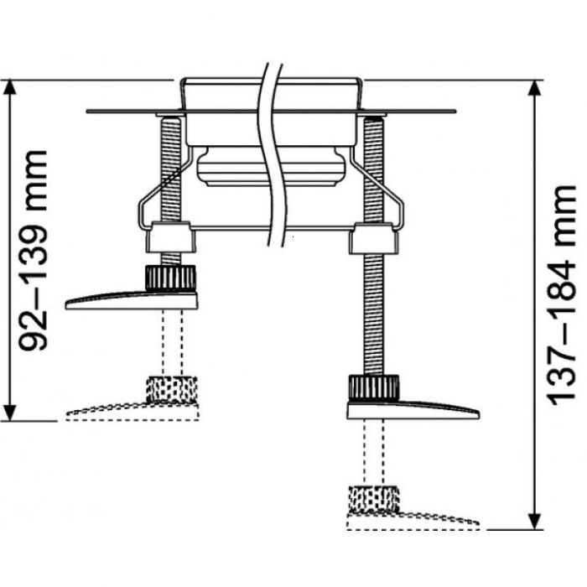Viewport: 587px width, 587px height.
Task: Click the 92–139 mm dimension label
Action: pos(35,249)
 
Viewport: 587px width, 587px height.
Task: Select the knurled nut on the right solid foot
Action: pos(373,388)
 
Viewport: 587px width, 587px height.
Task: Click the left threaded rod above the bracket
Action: pos(171,168)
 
